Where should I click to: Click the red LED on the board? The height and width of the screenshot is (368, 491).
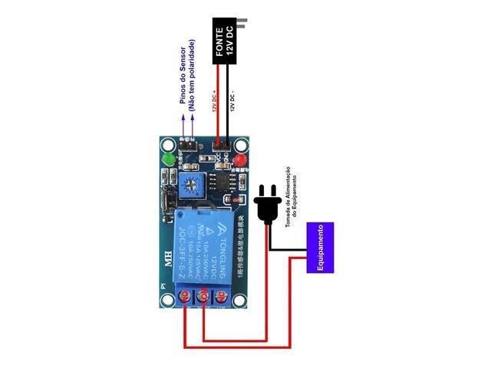pos(240,160)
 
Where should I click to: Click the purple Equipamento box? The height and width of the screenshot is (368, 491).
pos(321,248)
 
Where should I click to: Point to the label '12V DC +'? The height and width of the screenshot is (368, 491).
pos(216,99)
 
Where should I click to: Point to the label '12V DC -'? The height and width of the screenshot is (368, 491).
pos(232,99)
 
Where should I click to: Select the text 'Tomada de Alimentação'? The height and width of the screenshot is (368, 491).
pos(288,181)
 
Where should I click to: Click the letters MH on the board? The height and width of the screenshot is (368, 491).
pos(167,258)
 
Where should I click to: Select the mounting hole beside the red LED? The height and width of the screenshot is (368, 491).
pos(241,143)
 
